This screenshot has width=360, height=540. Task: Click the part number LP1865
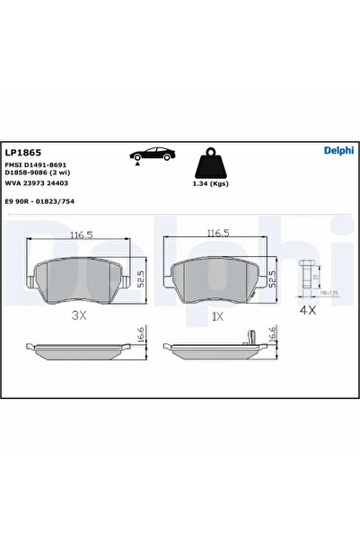[x=22, y=153]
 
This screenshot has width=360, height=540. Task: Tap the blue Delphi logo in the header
[x=337, y=150]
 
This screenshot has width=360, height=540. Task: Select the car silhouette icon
[x=147, y=155]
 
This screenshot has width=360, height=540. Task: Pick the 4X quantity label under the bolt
[x=308, y=310]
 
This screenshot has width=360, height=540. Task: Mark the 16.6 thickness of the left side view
[x=142, y=334]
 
